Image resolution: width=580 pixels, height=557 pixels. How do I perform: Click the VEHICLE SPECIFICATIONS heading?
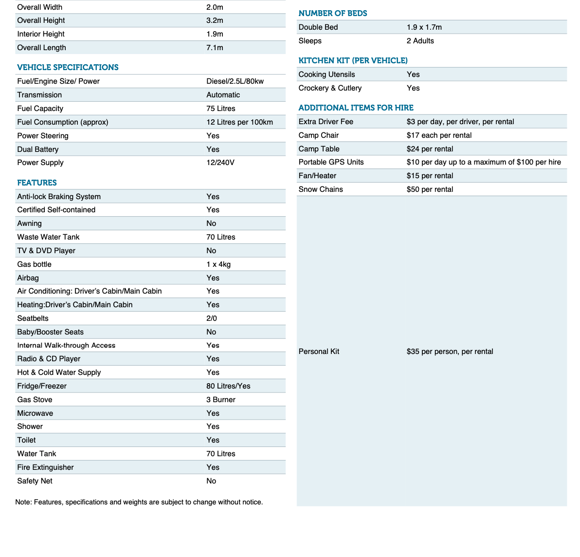68,67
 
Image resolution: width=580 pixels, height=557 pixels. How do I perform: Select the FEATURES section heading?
37,183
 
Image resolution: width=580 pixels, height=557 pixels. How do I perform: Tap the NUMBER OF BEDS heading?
333,13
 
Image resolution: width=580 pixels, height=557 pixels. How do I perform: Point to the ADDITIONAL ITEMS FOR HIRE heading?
356,108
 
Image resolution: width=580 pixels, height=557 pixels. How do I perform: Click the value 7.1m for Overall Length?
215,48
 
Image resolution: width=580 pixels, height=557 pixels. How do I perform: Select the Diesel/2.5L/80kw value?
235,81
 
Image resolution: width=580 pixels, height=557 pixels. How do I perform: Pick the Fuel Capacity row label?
40,109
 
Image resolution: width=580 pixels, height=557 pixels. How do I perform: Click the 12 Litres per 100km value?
239,122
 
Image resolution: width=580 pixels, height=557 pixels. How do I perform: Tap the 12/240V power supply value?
220,163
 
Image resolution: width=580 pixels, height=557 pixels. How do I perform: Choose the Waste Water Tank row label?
48,237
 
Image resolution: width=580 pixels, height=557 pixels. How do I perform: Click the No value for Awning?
211,223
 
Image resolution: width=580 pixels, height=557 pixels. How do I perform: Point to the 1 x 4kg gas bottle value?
218,264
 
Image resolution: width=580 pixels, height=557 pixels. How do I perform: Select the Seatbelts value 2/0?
212,318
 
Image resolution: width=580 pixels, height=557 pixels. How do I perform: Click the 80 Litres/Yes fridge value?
228,386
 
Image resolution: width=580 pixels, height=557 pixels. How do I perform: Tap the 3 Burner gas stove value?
220,400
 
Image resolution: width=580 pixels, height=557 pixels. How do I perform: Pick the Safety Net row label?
35,481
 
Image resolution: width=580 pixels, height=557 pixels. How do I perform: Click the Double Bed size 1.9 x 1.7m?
424,27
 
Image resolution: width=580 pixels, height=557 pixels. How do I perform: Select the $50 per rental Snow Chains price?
430,189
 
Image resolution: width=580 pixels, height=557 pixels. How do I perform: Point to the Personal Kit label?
319,352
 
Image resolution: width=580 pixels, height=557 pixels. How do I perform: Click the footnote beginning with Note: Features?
139,502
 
